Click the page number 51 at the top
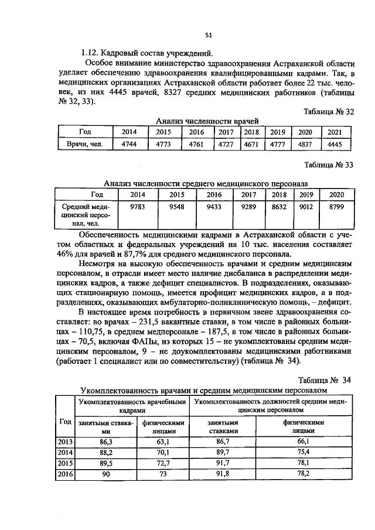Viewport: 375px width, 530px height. [208, 35]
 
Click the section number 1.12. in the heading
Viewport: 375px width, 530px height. [93, 53]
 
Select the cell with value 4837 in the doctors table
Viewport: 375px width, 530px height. [305, 143]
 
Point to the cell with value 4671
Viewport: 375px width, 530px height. [251, 143]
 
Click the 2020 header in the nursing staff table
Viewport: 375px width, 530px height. [336, 194]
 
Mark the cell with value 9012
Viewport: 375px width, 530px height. [306, 206]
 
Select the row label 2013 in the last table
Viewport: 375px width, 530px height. [65, 441]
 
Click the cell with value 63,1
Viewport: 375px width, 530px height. [163, 441]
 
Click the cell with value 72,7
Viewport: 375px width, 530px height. [163, 463]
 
